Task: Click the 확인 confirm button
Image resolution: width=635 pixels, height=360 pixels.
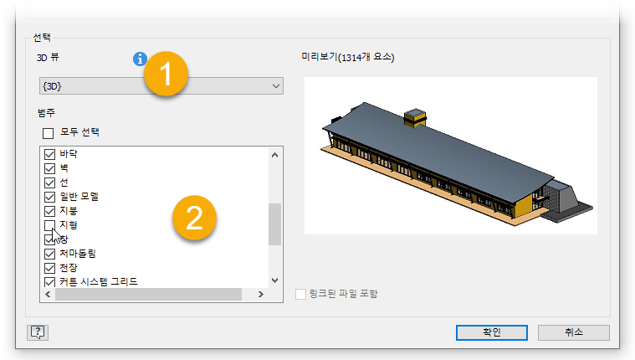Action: point(492,332)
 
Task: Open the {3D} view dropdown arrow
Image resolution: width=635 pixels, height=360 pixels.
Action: point(276,86)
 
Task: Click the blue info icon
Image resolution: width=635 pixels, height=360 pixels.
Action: point(140,59)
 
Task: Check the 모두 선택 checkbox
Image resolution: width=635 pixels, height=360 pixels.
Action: point(49,133)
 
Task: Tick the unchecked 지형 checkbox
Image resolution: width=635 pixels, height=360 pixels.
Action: point(49,225)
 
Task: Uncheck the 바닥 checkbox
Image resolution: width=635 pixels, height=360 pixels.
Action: point(49,154)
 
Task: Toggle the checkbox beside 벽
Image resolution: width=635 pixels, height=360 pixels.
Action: point(49,168)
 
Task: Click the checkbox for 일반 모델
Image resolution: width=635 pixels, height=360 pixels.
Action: point(49,197)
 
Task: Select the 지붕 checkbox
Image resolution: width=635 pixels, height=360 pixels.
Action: point(49,211)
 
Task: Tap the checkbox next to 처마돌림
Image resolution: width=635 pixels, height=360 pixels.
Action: point(49,254)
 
